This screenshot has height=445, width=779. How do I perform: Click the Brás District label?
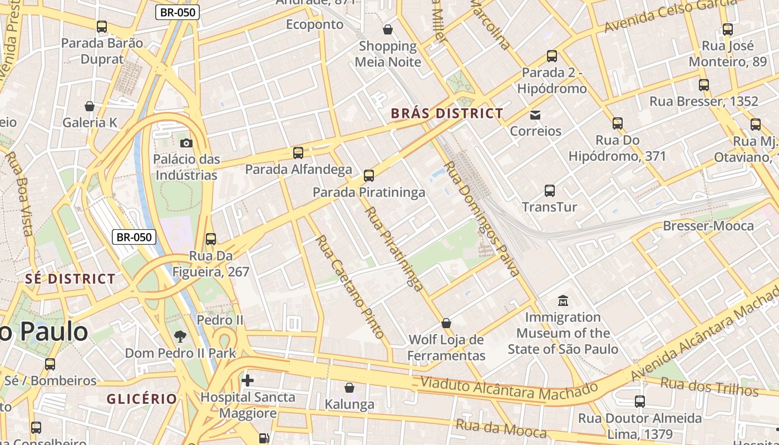[x=447, y=113]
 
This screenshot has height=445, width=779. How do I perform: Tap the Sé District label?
[x=70, y=279]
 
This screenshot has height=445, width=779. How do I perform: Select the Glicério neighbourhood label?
[x=141, y=399]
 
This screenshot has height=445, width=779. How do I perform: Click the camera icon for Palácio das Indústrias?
[x=186, y=143]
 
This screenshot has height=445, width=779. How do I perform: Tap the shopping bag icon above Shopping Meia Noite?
[x=388, y=29]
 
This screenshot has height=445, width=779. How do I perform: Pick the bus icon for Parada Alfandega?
[x=298, y=153]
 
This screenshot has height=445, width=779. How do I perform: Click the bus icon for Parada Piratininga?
[x=368, y=176]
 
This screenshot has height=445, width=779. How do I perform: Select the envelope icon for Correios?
[x=535, y=115]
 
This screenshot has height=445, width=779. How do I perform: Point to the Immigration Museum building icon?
[x=563, y=301]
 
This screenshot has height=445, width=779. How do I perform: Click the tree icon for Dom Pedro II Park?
[x=180, y=336]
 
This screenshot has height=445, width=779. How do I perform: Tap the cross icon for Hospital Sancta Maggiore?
[x=248, y=380]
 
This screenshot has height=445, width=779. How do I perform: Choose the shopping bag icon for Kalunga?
[x=349, y=388]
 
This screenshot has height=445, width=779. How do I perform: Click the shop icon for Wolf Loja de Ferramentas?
[x=446, y=323]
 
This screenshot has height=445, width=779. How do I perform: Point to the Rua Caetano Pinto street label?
[x=350, y=286]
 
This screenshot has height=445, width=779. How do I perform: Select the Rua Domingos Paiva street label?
[x=482, y=219]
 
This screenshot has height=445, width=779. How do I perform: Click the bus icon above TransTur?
[x=550, y=191]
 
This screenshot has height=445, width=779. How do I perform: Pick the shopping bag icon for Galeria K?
[x=89, y=106]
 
